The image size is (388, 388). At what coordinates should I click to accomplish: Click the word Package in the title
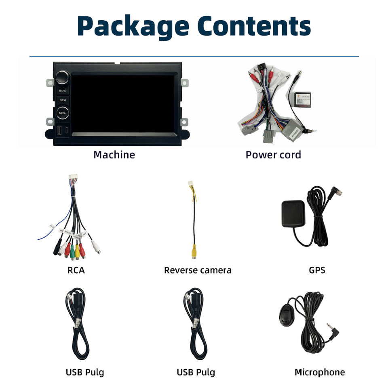[x=133, y=26]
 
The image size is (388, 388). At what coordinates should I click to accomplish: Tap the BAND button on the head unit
[x=62, y=91]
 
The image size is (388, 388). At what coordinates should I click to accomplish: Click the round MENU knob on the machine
[x=63, y=113]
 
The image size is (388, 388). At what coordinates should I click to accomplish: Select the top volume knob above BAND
[x=63, y=77]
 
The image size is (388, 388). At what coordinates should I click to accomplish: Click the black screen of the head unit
[x=123, y=103]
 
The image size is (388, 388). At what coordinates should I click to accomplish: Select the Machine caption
[x=114, y=155]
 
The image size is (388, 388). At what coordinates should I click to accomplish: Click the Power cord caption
[x=273, y=155]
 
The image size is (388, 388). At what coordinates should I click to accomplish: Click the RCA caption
[x=76, y=270]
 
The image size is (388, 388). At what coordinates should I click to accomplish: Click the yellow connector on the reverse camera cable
[x=194, y=251]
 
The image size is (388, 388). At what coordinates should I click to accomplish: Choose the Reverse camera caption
[x=198, y=270]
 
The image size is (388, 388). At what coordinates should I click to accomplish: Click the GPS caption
[x=317, y=270]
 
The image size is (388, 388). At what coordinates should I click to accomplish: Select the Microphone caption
[x=320, y=372]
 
